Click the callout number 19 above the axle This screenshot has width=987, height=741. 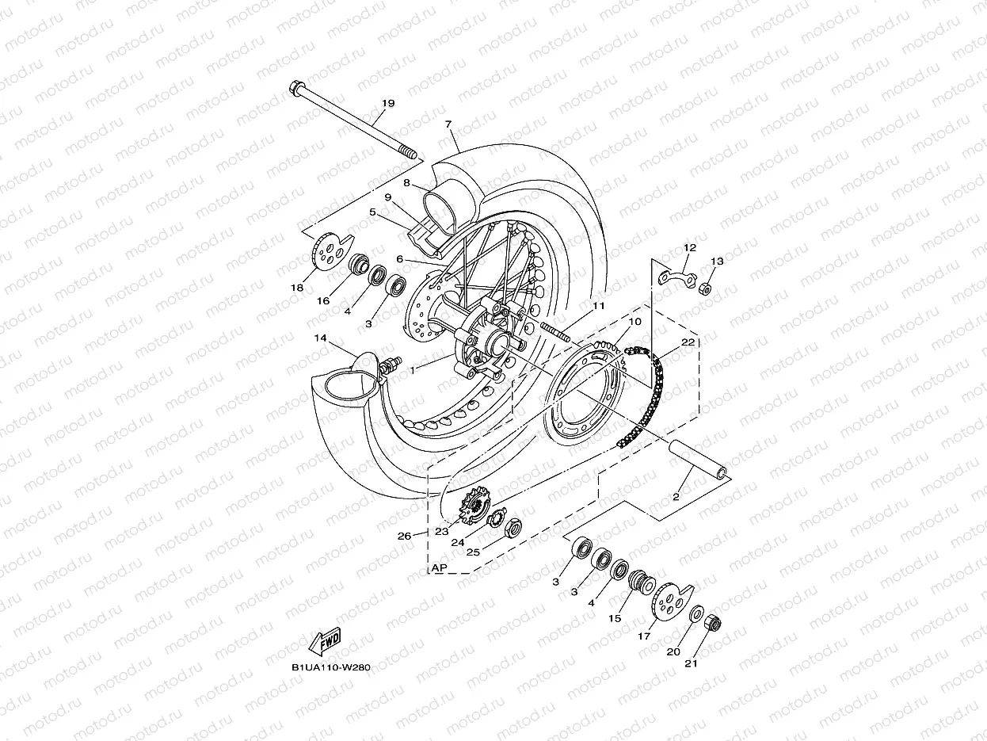coord(388,104)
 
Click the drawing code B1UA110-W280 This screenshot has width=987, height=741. coord(330,667)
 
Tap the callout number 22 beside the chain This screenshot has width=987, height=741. coord(688,342)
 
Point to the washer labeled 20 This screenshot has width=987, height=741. coord(695,614)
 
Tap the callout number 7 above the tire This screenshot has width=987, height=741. coord(448,124)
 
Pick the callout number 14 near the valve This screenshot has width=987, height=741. coord(321,338)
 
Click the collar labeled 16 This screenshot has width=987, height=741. coord(360,263)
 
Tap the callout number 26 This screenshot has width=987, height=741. coord(405,536)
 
